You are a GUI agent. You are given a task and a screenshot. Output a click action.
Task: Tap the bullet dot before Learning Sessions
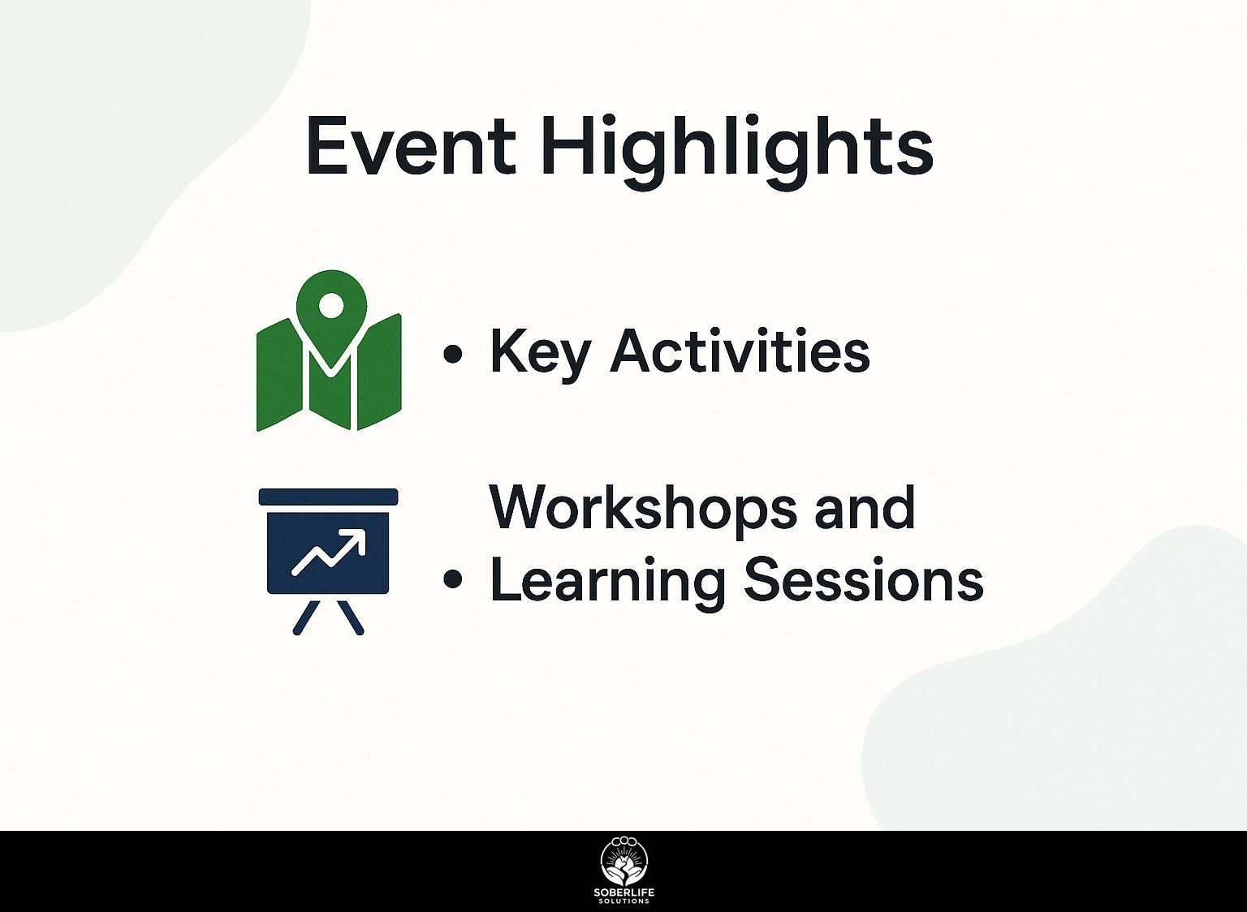[452, 579]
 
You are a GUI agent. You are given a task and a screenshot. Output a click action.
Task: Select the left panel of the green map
[279, 375]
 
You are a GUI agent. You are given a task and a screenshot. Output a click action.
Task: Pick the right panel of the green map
[379, 372]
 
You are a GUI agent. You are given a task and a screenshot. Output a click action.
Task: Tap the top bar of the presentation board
[329, 497]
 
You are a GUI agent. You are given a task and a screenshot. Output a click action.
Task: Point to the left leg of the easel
[307, 618]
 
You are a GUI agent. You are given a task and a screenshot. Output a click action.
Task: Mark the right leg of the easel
[351, 618]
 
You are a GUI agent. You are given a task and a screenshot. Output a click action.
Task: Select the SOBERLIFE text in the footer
[624, 893]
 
